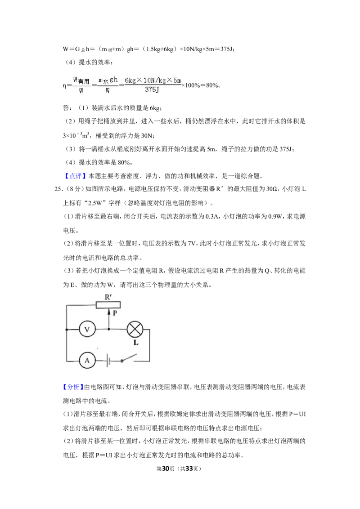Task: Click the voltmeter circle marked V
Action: [x=87, y=329]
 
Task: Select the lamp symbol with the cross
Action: [x=135, y=329]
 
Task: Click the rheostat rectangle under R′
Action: [x=108, y=304]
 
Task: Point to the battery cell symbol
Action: [x=108, y=360]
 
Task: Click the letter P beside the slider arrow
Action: [x=114, y=313]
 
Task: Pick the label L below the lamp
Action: [x=136, y=343]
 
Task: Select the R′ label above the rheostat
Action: [x=108, y=297]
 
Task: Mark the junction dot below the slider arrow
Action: [x=109, y=329]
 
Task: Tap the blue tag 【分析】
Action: [x=73, y=387]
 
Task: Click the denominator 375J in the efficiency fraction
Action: [x=152, y=89]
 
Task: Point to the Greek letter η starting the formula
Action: [x=64, y=86]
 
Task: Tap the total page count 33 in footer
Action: [x=189, y=469]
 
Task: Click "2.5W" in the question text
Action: [x=96, y=203]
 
